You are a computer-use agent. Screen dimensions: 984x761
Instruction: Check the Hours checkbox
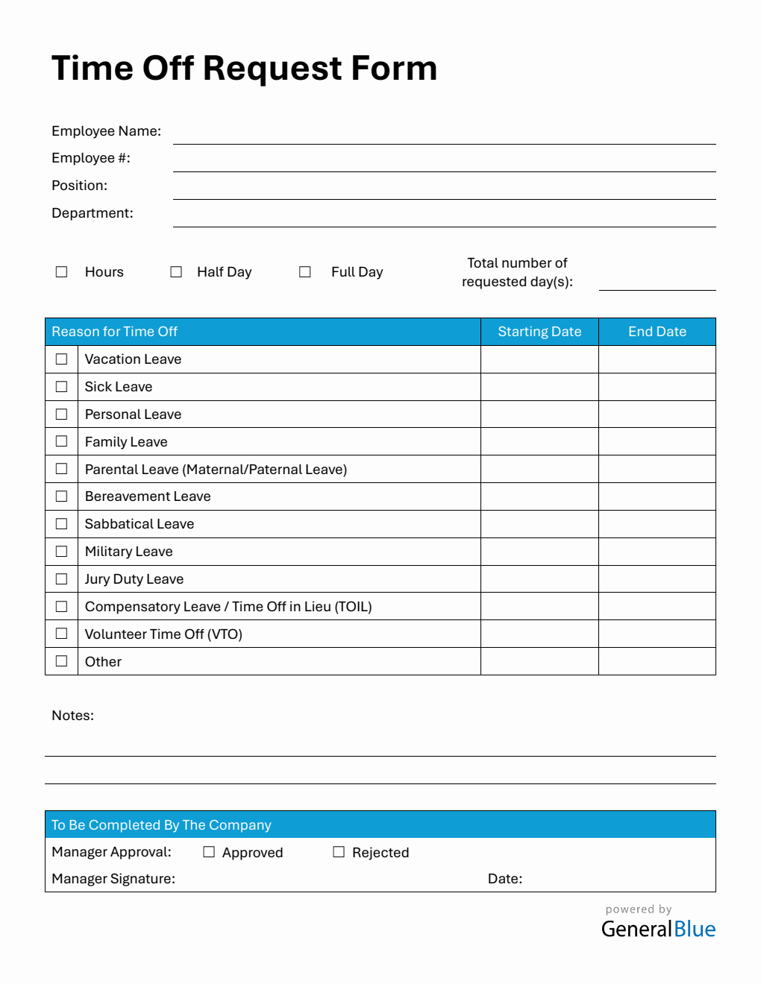pyautogui.click(x=61, y=272)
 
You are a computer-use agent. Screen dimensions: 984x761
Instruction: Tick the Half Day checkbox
pyautogui.click(x=176, y=272)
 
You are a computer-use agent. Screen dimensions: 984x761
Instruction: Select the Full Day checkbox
pyautogui.click(x=304, y=272)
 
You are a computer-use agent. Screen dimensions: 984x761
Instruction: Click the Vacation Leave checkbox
pyautogui.click(x=61, y=359)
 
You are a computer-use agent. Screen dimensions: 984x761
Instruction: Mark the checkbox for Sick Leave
pyautogui.click(x=61, y=387)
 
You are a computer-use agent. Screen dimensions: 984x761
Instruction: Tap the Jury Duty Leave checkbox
pyautogui.click(x=61, y=579)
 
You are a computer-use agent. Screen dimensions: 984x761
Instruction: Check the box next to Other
pyautogui.click(x=61, y=661)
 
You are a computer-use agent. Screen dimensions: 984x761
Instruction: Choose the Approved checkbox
pyautogui.click(x=209, y=852)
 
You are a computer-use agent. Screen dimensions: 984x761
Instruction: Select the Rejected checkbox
pyautogui.click(x=339, y=852)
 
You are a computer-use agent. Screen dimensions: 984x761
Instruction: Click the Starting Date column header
pyautogui.click(x=539, y=332)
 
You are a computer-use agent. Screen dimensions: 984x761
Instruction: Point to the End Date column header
pyautogui.click(x=657, y=332)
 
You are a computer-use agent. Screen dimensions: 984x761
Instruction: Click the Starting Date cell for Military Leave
pyautogui.click(x=539, y=552)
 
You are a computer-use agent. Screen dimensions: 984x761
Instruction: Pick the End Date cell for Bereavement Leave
pyautogui.click(x=657, y=496)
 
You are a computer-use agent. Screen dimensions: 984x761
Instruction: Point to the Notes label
pyautogui.click(x=72, y=716)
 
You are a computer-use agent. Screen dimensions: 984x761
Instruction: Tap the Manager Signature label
pyautogui.click(x=113, y=879)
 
